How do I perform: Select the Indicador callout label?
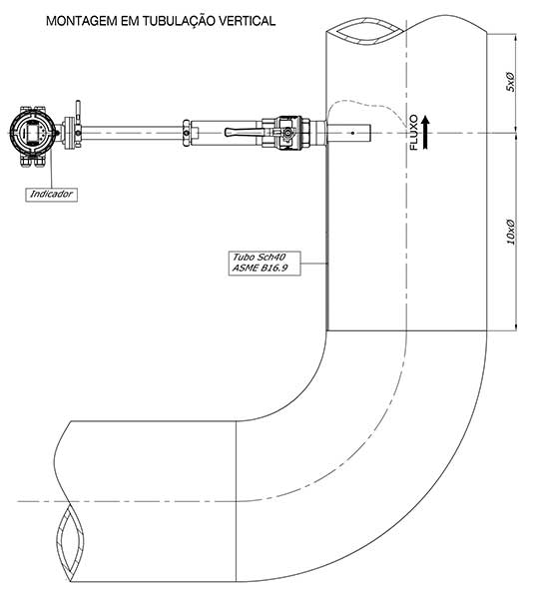point(51,195)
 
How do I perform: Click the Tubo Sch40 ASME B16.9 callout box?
point(265,263)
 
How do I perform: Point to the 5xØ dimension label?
point(510,82)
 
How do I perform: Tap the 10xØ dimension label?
point(510,232)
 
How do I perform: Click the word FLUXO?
point(414,132)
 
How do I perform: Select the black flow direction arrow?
point(425,133)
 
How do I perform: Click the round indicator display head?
point(34,132)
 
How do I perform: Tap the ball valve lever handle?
point(245,132)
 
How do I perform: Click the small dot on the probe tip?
point(352,133)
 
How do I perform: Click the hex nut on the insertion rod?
point(187,133)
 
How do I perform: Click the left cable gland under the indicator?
point(26,161)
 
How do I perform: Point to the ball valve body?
point(286,133)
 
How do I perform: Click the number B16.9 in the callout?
point(274,269)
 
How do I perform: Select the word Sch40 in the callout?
point(271,257)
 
